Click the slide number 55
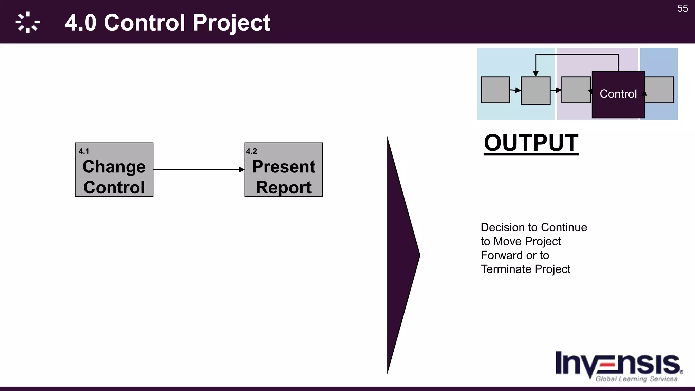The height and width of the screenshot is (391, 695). [x=682, y=8]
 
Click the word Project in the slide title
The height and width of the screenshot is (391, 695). [x=231, y=23]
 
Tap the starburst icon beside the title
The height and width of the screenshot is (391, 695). [x=27, y=22]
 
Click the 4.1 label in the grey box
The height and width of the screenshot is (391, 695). [x=83, y=151]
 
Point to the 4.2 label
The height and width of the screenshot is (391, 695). [x=251, y=151]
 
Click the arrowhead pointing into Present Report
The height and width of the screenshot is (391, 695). [x=242, y=170]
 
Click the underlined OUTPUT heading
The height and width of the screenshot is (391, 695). [x=531, y=143]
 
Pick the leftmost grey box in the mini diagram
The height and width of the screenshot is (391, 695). [x=495, y=90]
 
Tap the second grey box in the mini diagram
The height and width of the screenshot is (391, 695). [x=536, y=91]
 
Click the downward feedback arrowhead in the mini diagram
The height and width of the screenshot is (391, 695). [x=536, y=74]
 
